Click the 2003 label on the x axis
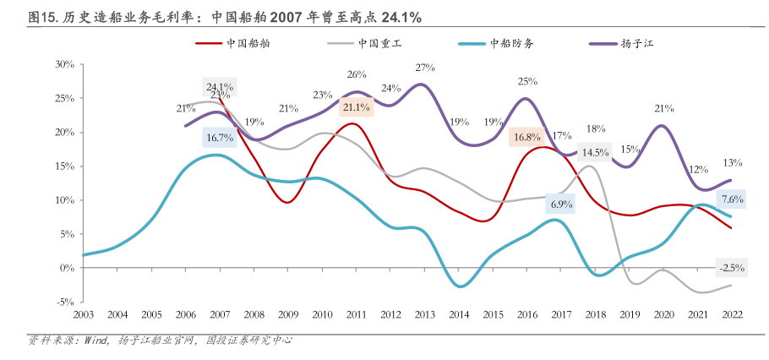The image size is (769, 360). point(83,314)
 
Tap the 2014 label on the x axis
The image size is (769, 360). point(460,314)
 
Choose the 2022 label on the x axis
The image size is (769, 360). point(732,314)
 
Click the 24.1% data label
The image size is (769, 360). point(220,86)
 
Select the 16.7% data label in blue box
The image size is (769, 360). point(219,137)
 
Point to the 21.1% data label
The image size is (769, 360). point(356,107)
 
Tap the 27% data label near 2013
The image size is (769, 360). point(425,68)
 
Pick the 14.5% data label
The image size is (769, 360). point(595,153)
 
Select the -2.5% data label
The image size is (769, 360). point(730,268)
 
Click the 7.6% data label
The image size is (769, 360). point(732,199)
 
